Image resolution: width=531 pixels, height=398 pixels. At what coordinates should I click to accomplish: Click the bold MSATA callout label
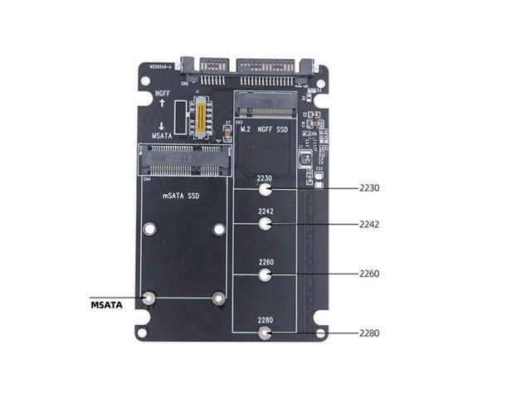click(x=106, y=305)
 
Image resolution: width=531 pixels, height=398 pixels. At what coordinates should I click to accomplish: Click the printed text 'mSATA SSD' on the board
click(x=182, y=196)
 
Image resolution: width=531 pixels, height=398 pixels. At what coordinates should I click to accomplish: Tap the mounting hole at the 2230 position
click(x=265, y=190)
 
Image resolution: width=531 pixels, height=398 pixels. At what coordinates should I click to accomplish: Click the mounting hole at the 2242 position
click(x=265, y=224)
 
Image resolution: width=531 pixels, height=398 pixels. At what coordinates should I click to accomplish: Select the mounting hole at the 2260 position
click(x=265, y=274)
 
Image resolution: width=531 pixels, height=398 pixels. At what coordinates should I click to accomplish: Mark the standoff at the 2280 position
click(x=265, y=333)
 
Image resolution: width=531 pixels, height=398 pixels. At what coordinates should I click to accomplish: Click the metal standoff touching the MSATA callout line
click(x=149, y=298)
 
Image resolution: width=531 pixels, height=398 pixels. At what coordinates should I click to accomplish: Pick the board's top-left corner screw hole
click(x=145, y=82)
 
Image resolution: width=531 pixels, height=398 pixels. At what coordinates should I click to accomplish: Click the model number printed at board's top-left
click(x=165, y=67)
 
